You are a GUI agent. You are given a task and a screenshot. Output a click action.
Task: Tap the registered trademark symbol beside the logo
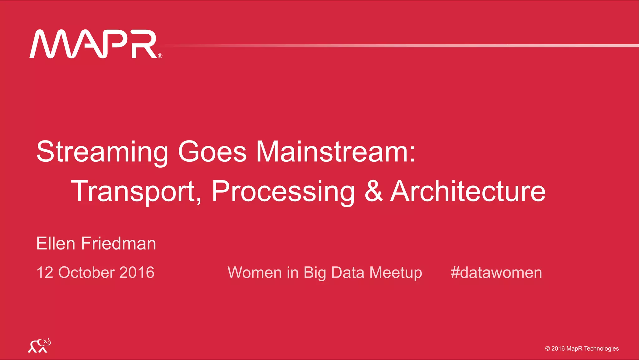[160, 56]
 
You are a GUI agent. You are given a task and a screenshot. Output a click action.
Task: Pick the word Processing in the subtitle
[283, 191]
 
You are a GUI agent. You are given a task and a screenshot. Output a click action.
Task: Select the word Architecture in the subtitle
[468, 191]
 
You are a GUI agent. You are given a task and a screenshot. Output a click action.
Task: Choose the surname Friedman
[119, 244]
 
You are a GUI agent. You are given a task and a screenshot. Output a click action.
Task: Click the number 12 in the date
[45, 272]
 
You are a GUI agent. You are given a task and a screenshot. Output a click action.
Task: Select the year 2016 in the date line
[137, 272]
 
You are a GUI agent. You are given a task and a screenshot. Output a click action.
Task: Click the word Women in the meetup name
[255, 272]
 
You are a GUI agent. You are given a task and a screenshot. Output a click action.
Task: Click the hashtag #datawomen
[496, 272]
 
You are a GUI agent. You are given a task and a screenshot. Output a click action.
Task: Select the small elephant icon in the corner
[39, 346]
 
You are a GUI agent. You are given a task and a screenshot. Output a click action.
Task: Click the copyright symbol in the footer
[547, 348]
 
